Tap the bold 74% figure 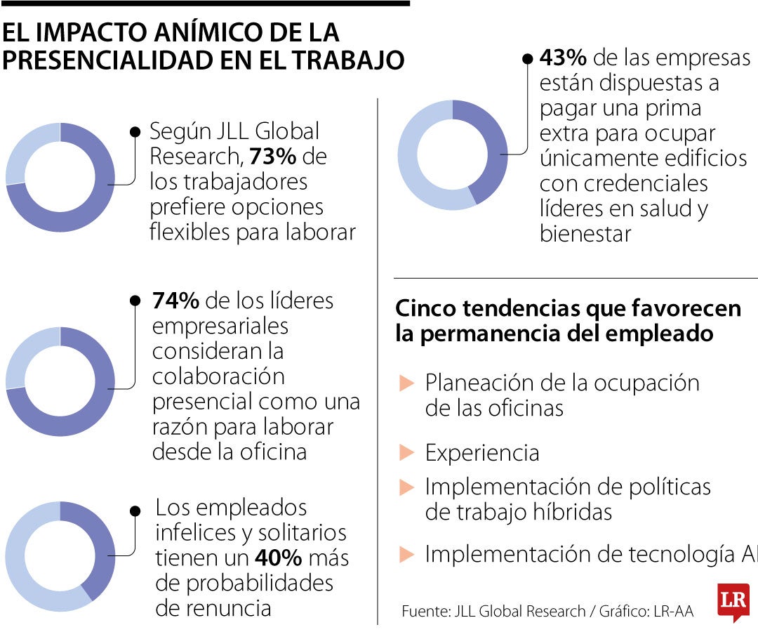[x=176, y=301]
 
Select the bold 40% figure [x=278, y=558]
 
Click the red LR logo [x=733, y=602]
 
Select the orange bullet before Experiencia [x=406, y=453]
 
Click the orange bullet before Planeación [x=406, y=383]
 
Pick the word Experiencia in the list [x=482, y=453]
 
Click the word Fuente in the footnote [x=424, y=611]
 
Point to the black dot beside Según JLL [x=135, y=131]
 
